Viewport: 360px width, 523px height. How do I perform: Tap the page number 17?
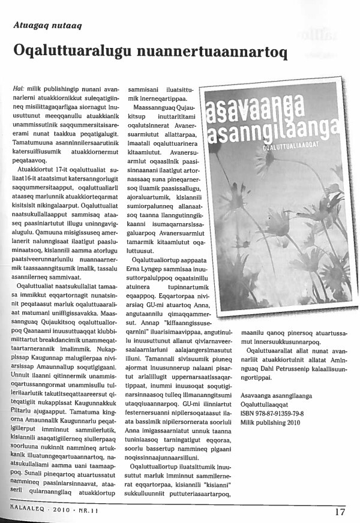point(340,512)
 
